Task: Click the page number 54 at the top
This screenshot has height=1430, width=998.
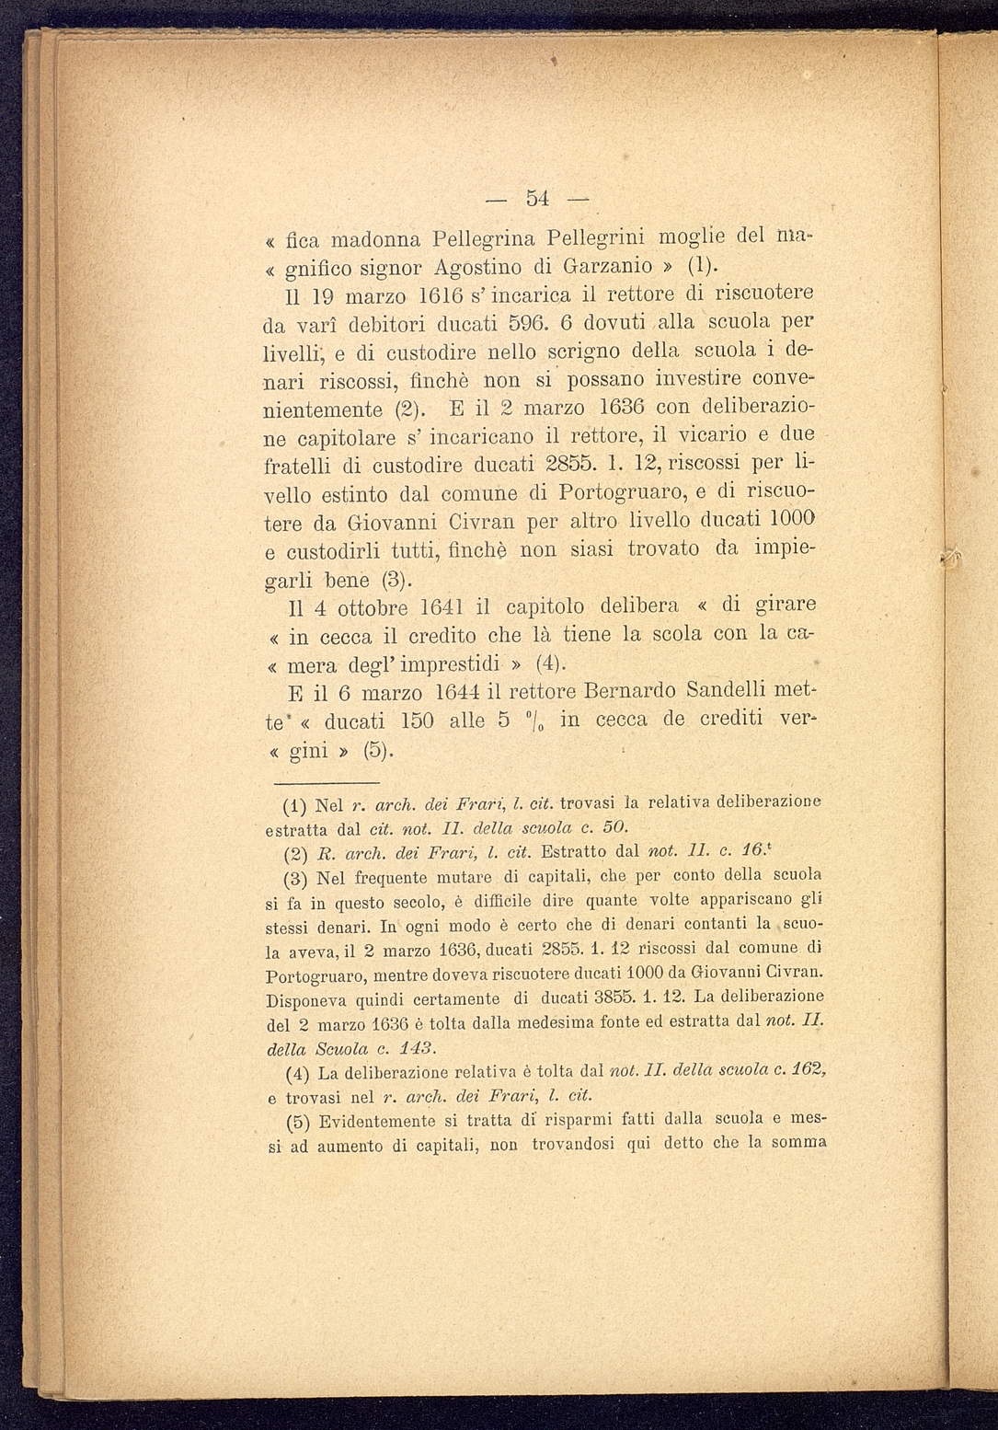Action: click(x=537, y=198)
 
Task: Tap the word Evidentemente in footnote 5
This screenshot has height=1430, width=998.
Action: click(x=375, y=1121)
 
